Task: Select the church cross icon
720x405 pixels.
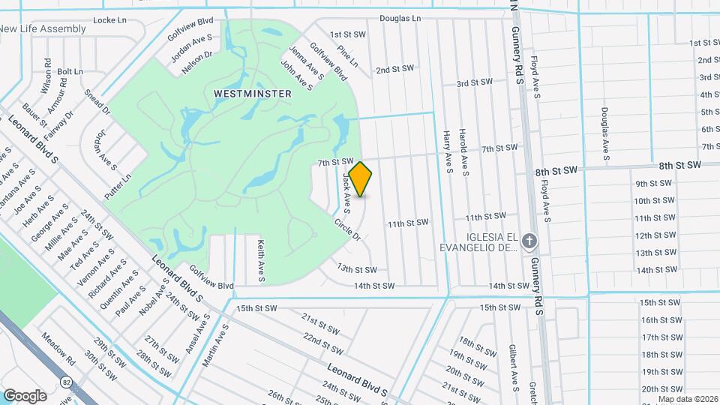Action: tap(529, 241)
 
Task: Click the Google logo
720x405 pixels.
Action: tap(24, 395)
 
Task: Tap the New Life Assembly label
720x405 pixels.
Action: tap(43, 28)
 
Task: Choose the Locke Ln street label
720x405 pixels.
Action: tap(109, 20)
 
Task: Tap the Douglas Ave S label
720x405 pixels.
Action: tap(604, 133)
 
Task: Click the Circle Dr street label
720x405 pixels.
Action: tap(347, 229)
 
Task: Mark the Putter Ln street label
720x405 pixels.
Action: tap(118, 185)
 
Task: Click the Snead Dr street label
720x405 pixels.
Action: tap(97, 103)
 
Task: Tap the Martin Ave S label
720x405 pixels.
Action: tap(214, 346)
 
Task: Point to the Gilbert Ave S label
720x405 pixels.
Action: tap(512, 368)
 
